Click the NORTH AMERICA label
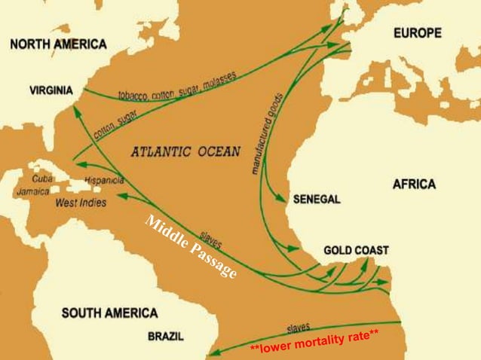(x=58, y=44)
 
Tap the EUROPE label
(x=417, y=33)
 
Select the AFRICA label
(x=414, y=185)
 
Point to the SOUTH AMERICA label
(x=109, y=313)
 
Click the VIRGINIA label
(x=51, y=91)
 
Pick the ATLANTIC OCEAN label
(x=185, y=151)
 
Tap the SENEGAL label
(x=316, y=200)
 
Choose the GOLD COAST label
(x=357, y=249)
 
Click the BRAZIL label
(x=164, y=335)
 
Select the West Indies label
(x=81, y=203)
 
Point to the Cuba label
(x=41, y=179)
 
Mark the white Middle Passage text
(x=191, y=246)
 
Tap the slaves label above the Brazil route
(x=299, y=328)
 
